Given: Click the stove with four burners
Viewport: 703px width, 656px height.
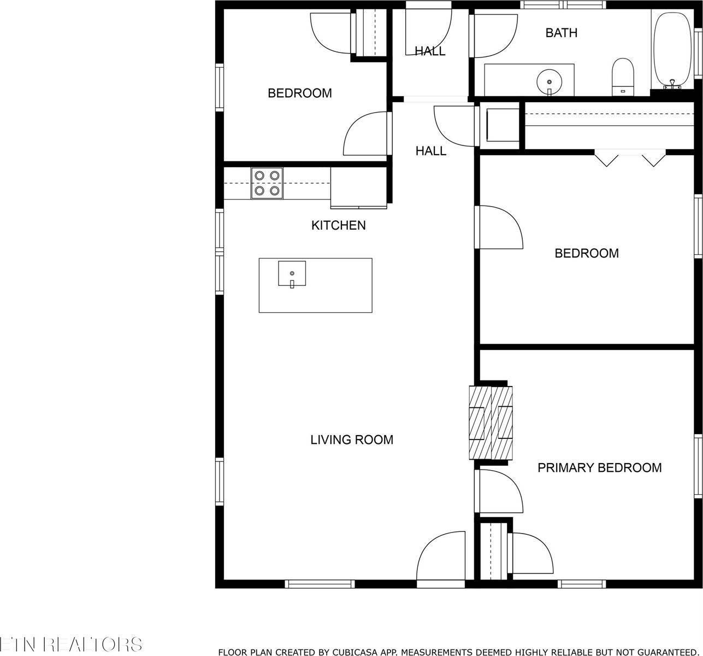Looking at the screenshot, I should (x=267, y=183).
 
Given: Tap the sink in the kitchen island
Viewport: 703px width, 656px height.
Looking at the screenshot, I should (x=292, y=273).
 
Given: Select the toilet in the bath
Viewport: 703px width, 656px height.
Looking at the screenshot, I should (x=622, y=77).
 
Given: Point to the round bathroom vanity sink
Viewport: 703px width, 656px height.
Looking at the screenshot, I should (x=548, y=82).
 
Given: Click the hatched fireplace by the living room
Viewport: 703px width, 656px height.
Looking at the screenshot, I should (x=491, y=422).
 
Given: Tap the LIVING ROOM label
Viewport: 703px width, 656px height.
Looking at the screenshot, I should (x=351, y=440).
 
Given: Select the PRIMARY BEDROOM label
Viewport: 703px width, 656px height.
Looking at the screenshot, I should (x=599, y=468).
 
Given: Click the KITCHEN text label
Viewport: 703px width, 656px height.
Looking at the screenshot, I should (x=338, y=225).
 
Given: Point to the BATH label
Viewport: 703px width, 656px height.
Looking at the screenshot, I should (x=561, y=33).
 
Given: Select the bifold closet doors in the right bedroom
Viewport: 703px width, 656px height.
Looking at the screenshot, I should (x=630, y=159).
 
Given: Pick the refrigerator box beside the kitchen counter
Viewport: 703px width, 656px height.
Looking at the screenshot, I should (x=358, y=188).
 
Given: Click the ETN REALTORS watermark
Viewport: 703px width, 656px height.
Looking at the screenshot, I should (x=71, y=643).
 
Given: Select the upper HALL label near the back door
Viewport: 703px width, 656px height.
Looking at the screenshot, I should (x=430, y=51).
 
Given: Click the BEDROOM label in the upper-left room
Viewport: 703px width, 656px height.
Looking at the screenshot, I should (x=299, y=93).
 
